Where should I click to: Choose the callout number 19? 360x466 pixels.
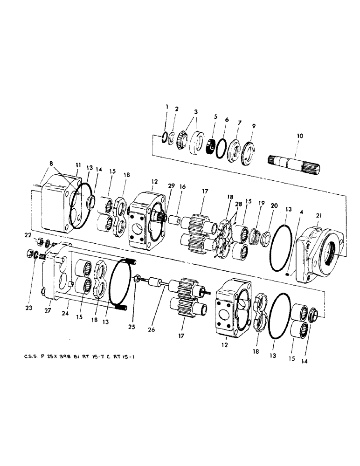(x=262, y=203)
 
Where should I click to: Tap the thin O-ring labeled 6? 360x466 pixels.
(x=223, y=143)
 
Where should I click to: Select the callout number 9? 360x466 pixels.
(x=253, y=126)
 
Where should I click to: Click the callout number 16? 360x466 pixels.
(x=183, y=186)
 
